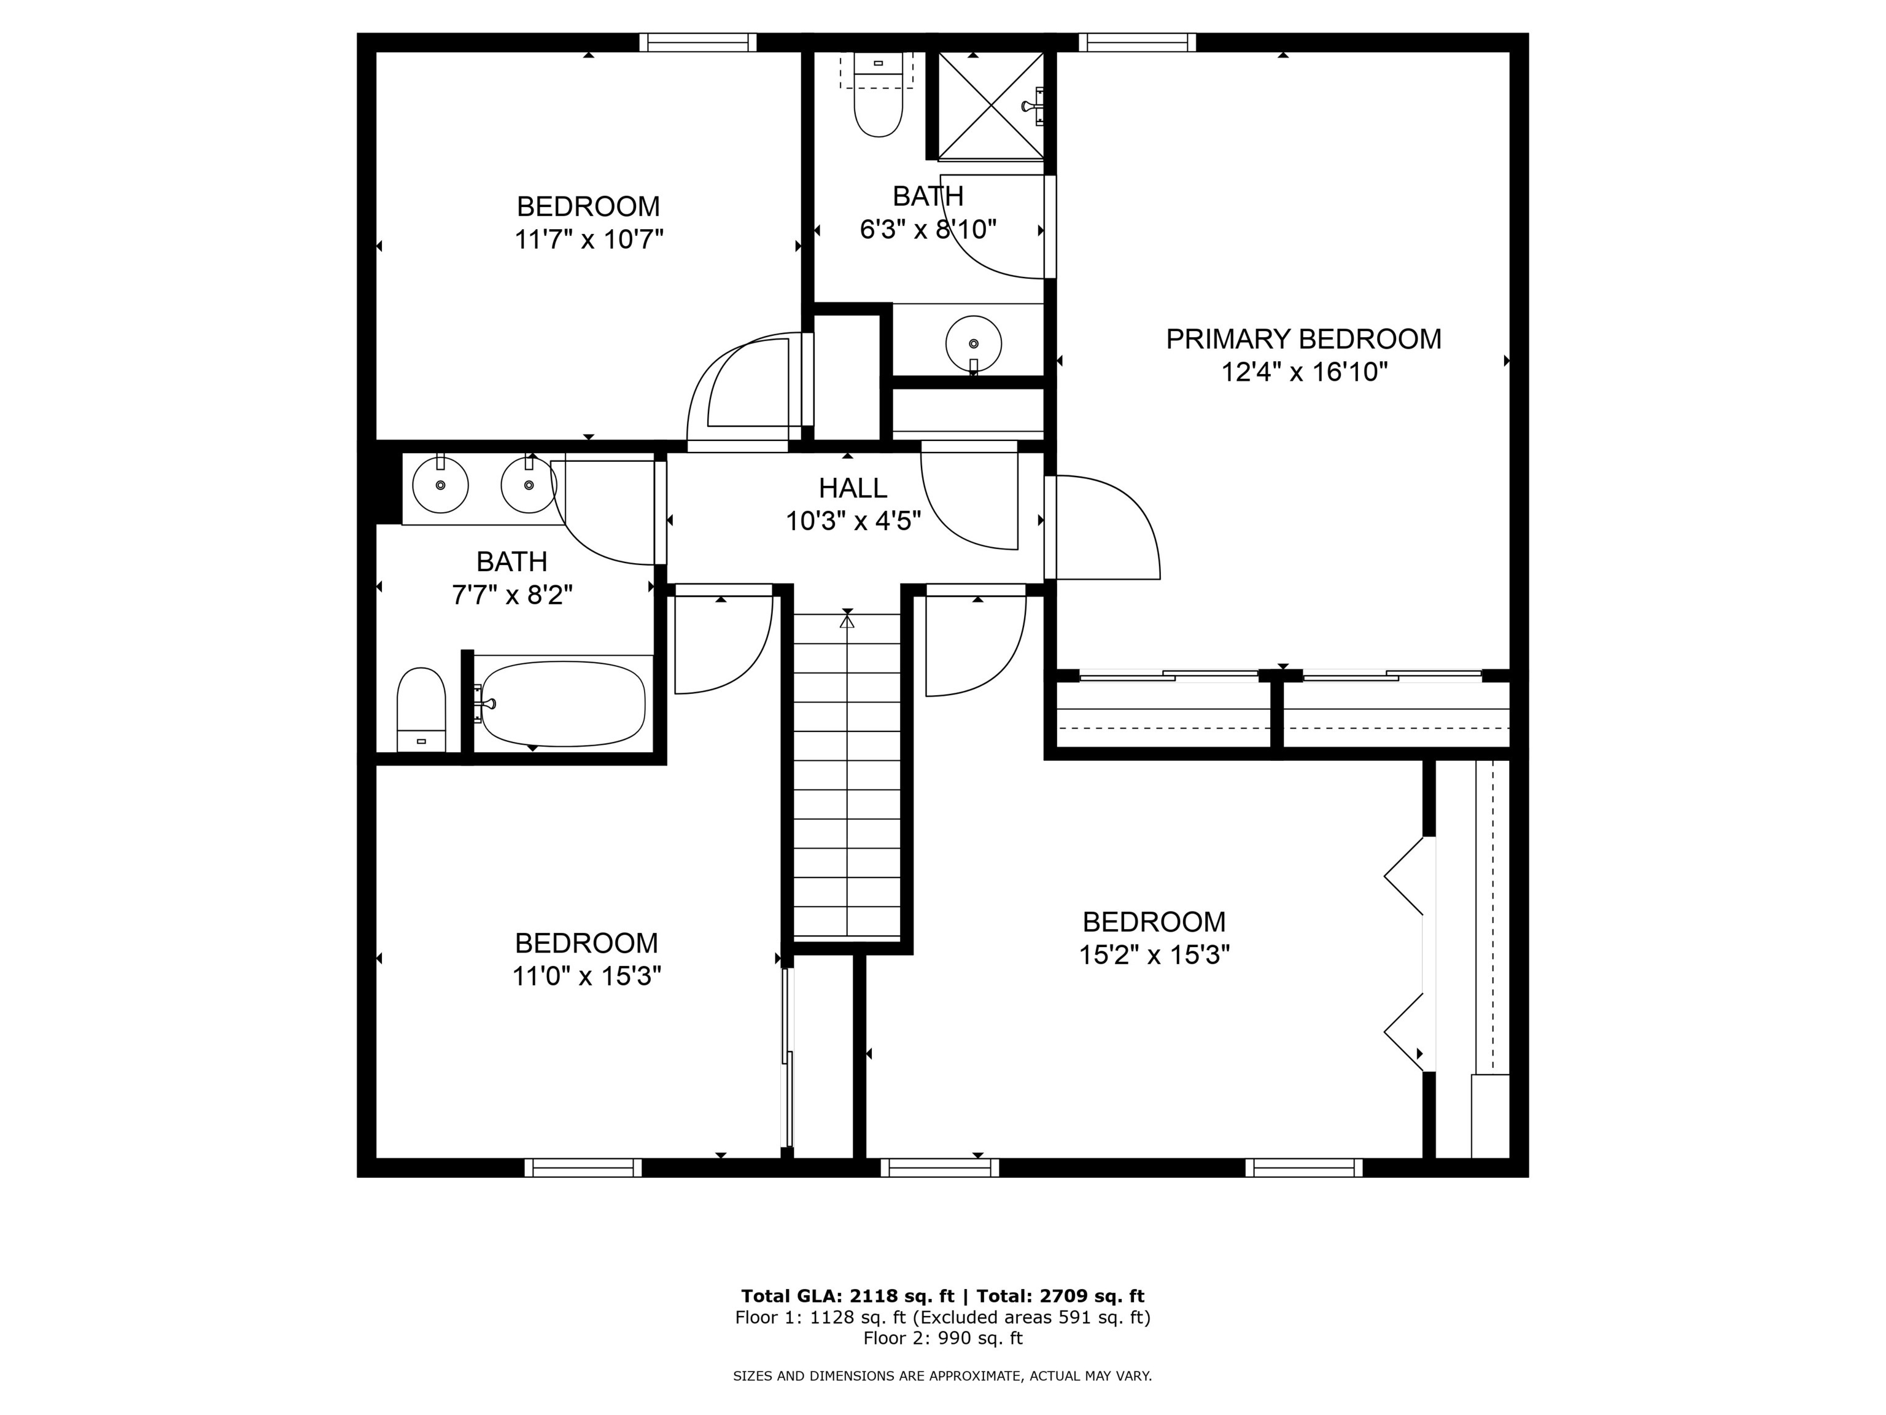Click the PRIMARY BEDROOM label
[x=1303, y=340]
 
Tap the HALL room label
[x=853, y=488]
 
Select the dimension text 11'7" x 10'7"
[x=588, y=240]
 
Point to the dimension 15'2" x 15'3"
[x=1154, y=954]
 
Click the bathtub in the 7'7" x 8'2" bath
[x=563, y=704]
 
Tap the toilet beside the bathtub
[x=421, y=708]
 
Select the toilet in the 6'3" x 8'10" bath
[x=878, y=103]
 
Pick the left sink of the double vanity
[x=441, y=485]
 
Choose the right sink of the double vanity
[x=529, y=485]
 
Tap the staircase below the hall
[x=847, y=776]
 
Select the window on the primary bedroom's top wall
[x=1136, y=42]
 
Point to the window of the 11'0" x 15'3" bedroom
[x=583, y=1167]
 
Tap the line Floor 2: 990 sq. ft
[x=942, y=1338]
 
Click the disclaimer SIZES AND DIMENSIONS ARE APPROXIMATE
[x=942, y=1376]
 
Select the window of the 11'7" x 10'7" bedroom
[x=697, y=42]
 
